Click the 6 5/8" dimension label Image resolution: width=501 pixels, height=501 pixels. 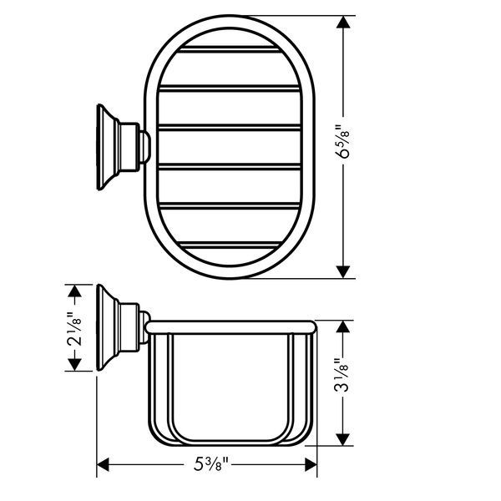pyautogui.click(x=343, y=141)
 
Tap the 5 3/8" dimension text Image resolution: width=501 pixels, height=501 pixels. pyautogui.click(x=211, y=464)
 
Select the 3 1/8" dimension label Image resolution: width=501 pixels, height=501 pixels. pyautogui.click(x=342, y=377)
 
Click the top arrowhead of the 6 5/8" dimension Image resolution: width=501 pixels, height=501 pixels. pyautogui.click(x=343, y=23)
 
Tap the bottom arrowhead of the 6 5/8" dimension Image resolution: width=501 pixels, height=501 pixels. pyautogui.click(x=343, y=271)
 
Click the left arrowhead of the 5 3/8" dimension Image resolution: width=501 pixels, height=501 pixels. pyautogui.click(x=103, y=464)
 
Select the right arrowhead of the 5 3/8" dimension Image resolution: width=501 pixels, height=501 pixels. pyautogui.click(x=311, y=464)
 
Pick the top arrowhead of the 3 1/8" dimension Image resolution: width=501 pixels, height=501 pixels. pyautogui.click(x=342, y=326)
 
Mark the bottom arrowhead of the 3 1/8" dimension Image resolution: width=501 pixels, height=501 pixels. pyautogui.click(x=342, y=439)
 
